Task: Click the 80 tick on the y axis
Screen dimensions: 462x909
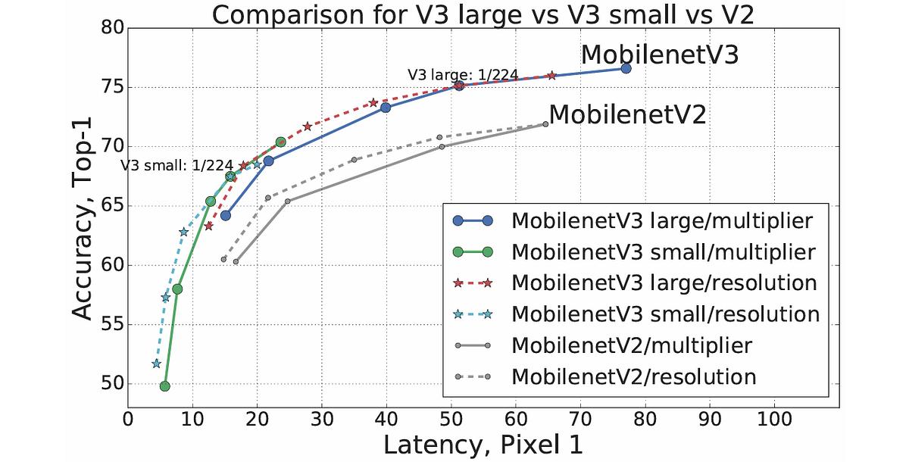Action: coord(111,29)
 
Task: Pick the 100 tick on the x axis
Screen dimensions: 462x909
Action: coord(774,417)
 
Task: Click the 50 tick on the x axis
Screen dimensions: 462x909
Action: coord(451,417)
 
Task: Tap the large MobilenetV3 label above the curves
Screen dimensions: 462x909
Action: coord(659,56)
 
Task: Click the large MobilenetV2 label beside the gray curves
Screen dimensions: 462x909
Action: coord(627,115)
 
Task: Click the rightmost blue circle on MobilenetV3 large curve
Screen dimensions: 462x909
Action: coord(626,68)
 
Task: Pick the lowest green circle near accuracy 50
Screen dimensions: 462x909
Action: coord(164,386)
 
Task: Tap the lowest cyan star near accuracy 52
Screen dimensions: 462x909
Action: coord(156,364)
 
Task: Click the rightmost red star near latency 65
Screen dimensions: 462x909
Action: coord(551,75)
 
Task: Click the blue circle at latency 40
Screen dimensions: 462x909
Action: coord(386,108)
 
